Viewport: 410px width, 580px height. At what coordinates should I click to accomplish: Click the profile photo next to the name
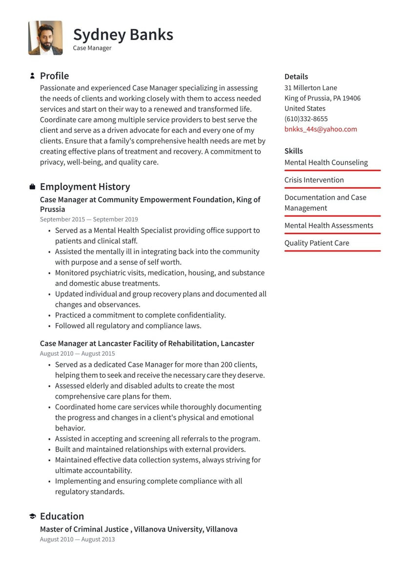(45, 38)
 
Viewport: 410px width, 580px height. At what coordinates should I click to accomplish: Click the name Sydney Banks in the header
(123, 35)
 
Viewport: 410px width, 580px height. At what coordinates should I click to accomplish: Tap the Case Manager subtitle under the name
(92, 48)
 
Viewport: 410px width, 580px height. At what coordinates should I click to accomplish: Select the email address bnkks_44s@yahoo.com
(321, 129)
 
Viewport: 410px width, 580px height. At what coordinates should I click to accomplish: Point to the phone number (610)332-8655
(306, 119)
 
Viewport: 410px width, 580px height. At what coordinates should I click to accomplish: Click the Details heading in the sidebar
(296, 77)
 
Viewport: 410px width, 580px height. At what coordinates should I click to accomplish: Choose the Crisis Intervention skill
(314, 180)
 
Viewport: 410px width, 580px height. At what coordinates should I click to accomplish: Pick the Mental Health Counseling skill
(326, 162)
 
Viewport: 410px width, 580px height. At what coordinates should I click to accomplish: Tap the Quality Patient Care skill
(317, 243)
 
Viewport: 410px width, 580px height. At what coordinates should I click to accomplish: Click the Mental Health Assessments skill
(328, 225)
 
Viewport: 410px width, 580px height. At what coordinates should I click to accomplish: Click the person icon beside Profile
(32, 76)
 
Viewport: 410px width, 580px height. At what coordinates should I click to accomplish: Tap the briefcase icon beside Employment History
(32, 187)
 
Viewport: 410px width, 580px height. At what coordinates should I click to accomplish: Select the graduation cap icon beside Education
(32, 516)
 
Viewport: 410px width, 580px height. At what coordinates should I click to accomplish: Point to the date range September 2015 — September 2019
(89, 219)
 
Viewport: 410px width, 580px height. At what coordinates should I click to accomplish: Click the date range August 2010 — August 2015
(78, 353)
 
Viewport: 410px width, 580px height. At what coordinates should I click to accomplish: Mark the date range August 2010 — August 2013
(78, 539)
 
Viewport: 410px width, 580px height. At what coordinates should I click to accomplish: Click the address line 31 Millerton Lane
(310, 88)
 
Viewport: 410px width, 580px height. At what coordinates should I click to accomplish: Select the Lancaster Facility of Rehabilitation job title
(147, 344)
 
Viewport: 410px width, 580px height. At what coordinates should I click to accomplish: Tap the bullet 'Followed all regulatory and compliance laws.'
(128, 325)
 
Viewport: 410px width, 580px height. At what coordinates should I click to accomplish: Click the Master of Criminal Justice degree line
(139, 529)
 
